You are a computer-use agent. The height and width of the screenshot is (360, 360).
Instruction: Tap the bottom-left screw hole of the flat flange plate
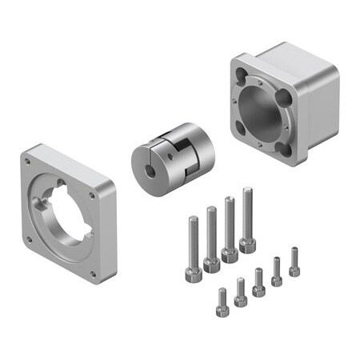point(29,238)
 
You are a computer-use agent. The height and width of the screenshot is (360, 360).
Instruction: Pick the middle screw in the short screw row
point(258,281)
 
